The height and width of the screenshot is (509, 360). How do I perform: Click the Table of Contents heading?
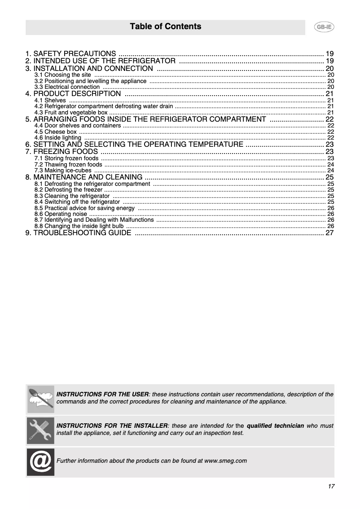pos(165,26)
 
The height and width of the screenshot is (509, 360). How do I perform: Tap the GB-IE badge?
pos(323,27)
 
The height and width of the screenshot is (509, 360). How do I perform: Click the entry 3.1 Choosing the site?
pos(63,75)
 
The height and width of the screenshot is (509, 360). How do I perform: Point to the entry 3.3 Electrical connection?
pos(67,87)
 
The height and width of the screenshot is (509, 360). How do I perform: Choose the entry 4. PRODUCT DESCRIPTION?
pos(73,94)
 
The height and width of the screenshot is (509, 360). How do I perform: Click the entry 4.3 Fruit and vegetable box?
pos(71,113)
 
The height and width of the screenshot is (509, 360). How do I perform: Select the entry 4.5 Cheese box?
pos(56,132)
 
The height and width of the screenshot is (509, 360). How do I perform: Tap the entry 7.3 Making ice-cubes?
pos(63,171)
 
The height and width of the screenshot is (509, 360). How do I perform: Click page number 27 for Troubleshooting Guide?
pos(329,233)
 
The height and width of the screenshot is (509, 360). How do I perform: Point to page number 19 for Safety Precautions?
pos(329,53)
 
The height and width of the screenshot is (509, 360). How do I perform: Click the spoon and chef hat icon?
pos(40,399)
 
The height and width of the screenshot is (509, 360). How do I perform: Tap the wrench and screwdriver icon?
pos(40,430)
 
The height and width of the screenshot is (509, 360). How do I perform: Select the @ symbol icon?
pos(40,461)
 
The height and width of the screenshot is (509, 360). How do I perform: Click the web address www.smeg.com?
pos(225,461)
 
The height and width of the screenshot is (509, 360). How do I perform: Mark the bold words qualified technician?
pos(275,426)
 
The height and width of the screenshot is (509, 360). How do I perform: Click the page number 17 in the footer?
pos(331,487)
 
